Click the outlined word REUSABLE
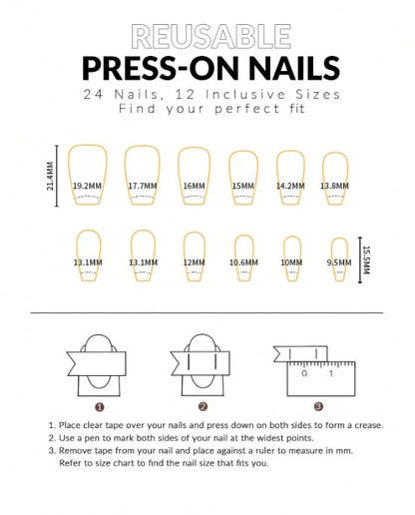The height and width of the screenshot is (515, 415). (211, 37)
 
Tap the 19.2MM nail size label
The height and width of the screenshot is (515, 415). (87, 186)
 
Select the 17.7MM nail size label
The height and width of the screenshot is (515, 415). (143, 186)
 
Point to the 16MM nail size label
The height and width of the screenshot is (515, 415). (195, 186)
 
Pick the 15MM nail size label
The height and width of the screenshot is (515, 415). (243, 186)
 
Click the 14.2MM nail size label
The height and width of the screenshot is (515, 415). (290, 186)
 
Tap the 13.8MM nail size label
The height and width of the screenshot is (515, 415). (334, 186)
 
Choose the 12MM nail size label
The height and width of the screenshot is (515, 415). (195, 262)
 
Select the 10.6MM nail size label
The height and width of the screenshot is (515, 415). (243, 262)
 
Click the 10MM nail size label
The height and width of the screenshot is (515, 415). (291, 262)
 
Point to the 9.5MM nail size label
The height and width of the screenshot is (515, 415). (339, 262)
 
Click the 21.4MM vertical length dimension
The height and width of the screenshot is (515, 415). (50, 176)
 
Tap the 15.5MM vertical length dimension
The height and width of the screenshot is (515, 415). (366, 259)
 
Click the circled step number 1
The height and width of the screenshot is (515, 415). (100, 407)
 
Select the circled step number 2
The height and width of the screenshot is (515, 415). (203, 406)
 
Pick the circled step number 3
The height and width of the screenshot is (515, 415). (318, 406)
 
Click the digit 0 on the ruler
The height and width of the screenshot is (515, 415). (304, 373)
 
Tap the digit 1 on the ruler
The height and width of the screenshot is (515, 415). (331, 373)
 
